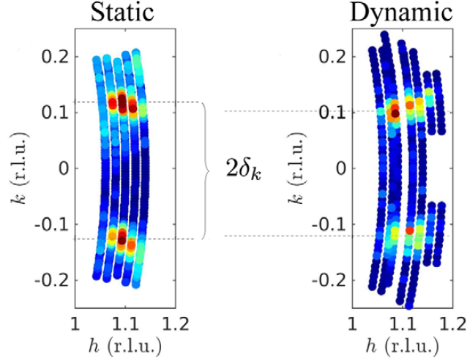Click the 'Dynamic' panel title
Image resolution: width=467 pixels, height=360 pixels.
(x=401, y=13)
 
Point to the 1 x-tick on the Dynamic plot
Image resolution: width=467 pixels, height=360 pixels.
(x=353, y=323)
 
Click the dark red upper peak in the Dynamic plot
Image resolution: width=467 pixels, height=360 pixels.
(x=395, y=113)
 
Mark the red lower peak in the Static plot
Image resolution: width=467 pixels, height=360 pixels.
(x=122, y=234)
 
